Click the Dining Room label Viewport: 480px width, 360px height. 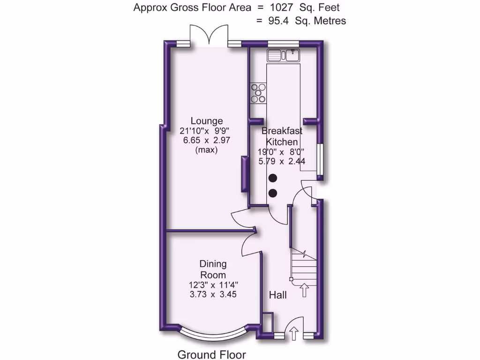tap(213, 270)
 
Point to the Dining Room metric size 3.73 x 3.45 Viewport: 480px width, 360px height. tap(213, 295)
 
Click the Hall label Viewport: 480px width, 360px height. tap(278, 295)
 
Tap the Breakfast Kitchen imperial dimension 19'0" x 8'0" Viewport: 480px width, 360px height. tap(281, 151)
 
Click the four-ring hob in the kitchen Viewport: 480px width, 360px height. tap(258, 93)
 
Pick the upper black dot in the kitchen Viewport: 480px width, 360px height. tap(272, 178)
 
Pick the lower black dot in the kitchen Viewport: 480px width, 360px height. tap(272, 193)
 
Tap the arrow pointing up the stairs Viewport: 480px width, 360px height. tap(304, 290)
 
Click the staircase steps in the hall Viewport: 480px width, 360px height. tap(302, 267)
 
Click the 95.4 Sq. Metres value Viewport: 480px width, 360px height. tap(300, 21)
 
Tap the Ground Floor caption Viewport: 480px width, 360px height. tap(211, 354)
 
